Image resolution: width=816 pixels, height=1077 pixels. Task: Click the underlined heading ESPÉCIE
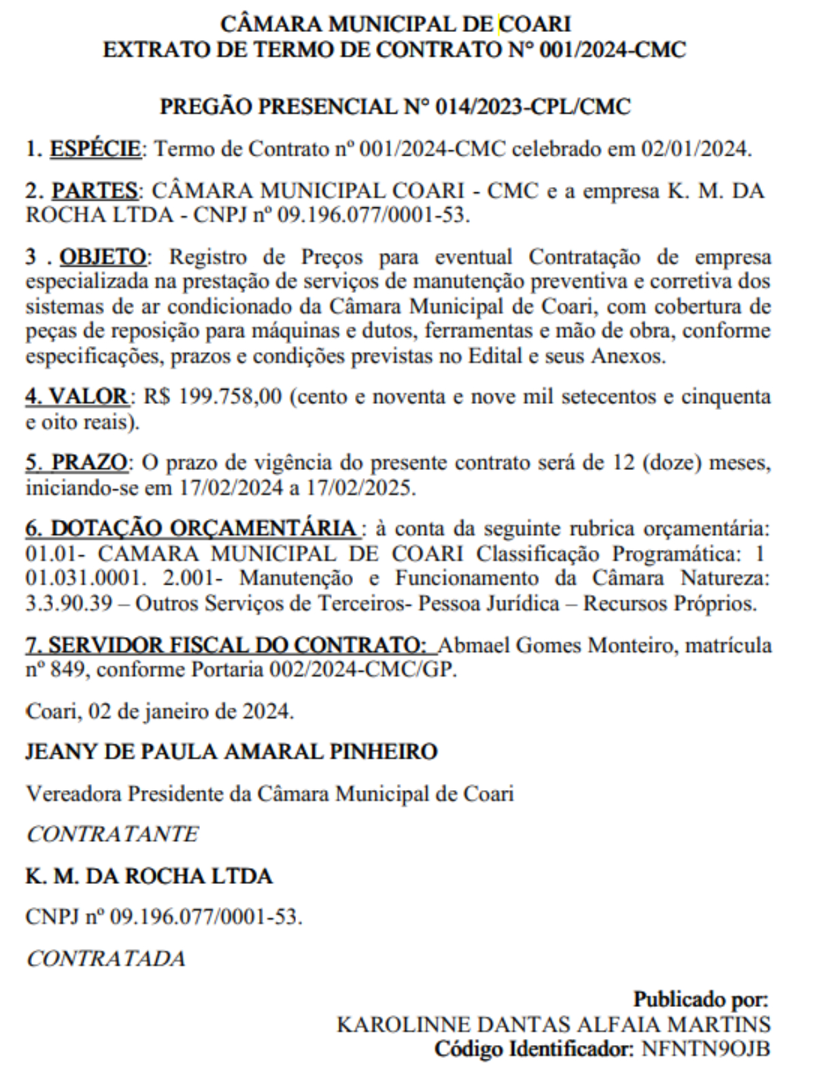95,148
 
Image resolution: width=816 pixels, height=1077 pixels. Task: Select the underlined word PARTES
95,190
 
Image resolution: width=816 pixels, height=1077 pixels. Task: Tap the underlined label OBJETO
103,257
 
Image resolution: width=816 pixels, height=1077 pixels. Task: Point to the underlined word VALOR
89,396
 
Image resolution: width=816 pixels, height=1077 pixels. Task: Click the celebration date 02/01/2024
696,148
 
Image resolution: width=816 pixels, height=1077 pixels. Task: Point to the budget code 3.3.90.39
69,604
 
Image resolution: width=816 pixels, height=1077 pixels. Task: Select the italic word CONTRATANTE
112,834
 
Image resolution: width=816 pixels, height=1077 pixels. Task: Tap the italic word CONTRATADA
106,959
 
